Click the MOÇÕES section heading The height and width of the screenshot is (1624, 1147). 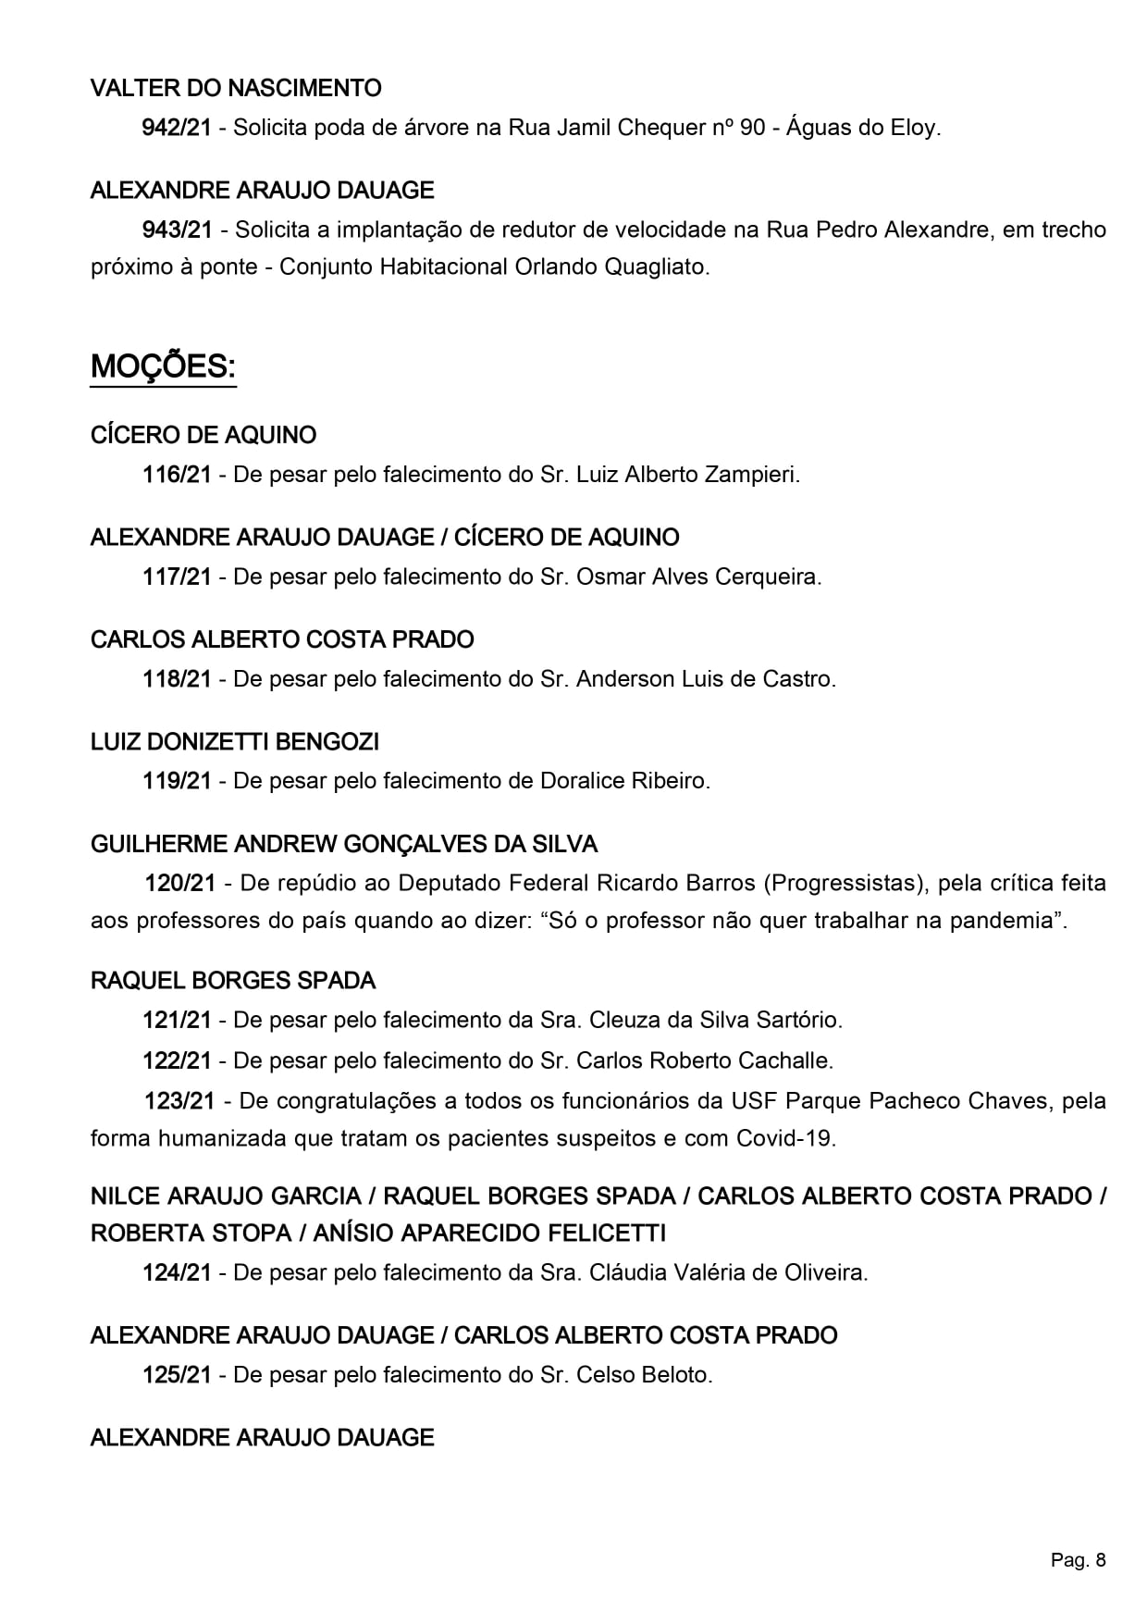tap(163, 367)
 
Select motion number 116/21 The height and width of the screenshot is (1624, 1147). tap(177, 476)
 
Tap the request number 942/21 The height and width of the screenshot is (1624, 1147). tap(177, 128)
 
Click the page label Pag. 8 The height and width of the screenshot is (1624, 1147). tap(1078, 1561)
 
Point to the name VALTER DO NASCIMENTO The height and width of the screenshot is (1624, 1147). tap(236, 89)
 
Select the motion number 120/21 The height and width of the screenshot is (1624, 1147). tap(179, 884)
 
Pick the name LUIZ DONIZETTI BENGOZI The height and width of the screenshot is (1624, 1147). tap(235, 742)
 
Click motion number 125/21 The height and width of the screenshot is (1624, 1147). tap(177, 1375)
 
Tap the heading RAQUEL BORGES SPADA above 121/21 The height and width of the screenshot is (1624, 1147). tap(233, 981)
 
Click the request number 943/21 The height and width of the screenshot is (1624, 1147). tap(177, 229)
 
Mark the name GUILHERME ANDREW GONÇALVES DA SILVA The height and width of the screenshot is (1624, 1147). tap(344, 844)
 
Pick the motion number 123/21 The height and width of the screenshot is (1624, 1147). tap(179, 1101)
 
